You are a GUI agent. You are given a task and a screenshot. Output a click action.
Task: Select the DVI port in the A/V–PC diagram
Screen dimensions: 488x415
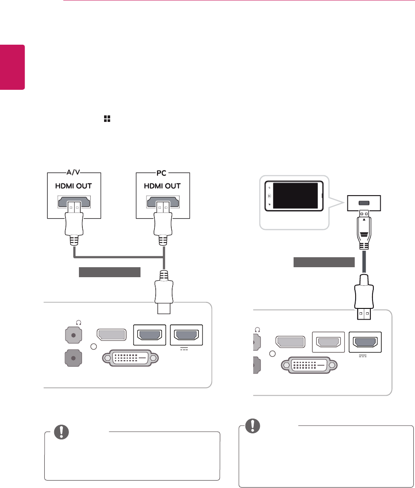130,358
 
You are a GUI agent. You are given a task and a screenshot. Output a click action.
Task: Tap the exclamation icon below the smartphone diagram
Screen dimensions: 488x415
250,426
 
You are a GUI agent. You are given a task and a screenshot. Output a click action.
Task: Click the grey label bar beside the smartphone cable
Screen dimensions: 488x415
324,262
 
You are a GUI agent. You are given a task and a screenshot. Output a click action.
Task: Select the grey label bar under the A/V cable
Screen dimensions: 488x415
110,272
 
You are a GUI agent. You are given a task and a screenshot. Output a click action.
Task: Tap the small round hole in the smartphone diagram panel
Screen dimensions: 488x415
272,354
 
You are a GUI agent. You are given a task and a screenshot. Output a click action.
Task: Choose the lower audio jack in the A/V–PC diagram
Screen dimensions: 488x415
73,359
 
